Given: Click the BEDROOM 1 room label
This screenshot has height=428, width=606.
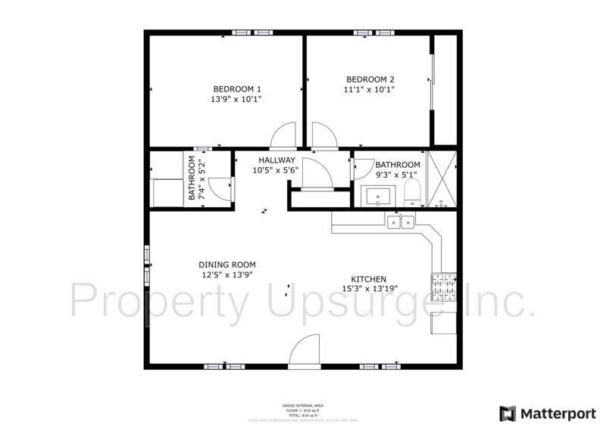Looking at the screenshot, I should click(236, 88).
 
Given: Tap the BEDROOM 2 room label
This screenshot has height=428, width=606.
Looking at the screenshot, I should click(370, 79).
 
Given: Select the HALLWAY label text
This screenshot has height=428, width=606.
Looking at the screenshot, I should click(276, 160).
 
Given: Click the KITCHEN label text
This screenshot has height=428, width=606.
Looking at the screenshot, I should click(369, 279).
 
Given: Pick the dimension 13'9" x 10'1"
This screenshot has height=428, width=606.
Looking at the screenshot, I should click(236, 99).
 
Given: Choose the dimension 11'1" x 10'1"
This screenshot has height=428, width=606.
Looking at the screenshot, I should click(370, 90).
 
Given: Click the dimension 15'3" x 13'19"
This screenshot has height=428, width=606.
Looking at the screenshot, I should click(370, 289).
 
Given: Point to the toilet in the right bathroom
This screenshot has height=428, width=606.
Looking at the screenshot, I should click(412, 195).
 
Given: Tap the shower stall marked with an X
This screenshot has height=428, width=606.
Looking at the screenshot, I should click(441, 179).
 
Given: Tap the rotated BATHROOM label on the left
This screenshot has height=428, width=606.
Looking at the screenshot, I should click(196, 179).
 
